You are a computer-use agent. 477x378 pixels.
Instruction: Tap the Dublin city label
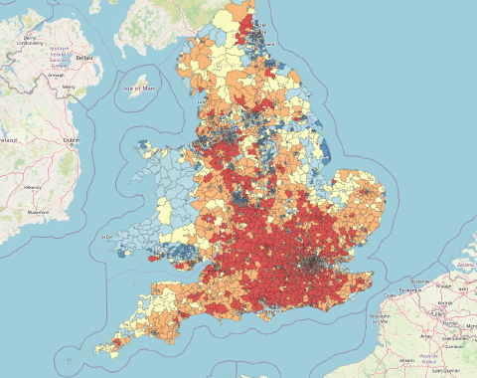(72, 140)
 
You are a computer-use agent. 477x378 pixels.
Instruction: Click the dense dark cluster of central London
(316, 263)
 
